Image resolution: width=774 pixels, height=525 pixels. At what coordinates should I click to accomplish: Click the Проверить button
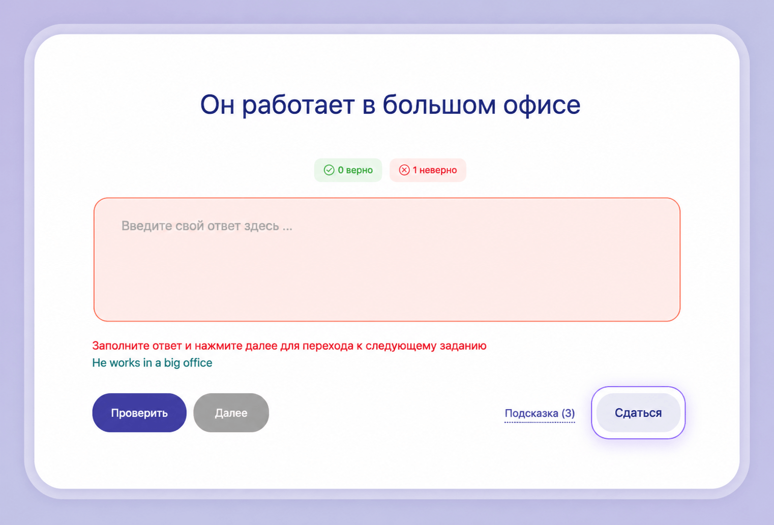point(139,413)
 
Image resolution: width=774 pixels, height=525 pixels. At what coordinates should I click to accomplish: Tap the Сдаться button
point(638,413)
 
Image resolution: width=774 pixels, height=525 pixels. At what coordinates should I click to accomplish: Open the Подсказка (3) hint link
point(540,413)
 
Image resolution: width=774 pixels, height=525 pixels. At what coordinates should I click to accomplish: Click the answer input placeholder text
point(206,226)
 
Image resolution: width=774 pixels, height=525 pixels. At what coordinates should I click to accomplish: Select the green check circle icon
point(329,170)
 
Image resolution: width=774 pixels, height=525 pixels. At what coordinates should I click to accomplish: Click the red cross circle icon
point(404,170)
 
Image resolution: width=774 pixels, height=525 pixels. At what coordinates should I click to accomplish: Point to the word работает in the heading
point(298,105)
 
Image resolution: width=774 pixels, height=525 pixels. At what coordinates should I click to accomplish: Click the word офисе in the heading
point(542,105)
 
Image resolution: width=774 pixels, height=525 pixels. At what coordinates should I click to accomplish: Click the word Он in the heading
point(217,105)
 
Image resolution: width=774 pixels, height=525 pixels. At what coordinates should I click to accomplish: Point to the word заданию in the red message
point(463,346)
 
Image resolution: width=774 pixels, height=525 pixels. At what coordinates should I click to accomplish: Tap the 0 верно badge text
point(355,170)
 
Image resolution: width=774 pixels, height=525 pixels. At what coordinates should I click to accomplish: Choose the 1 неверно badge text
point(435,170)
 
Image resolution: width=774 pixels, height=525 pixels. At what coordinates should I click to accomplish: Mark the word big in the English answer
point(172,363)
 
